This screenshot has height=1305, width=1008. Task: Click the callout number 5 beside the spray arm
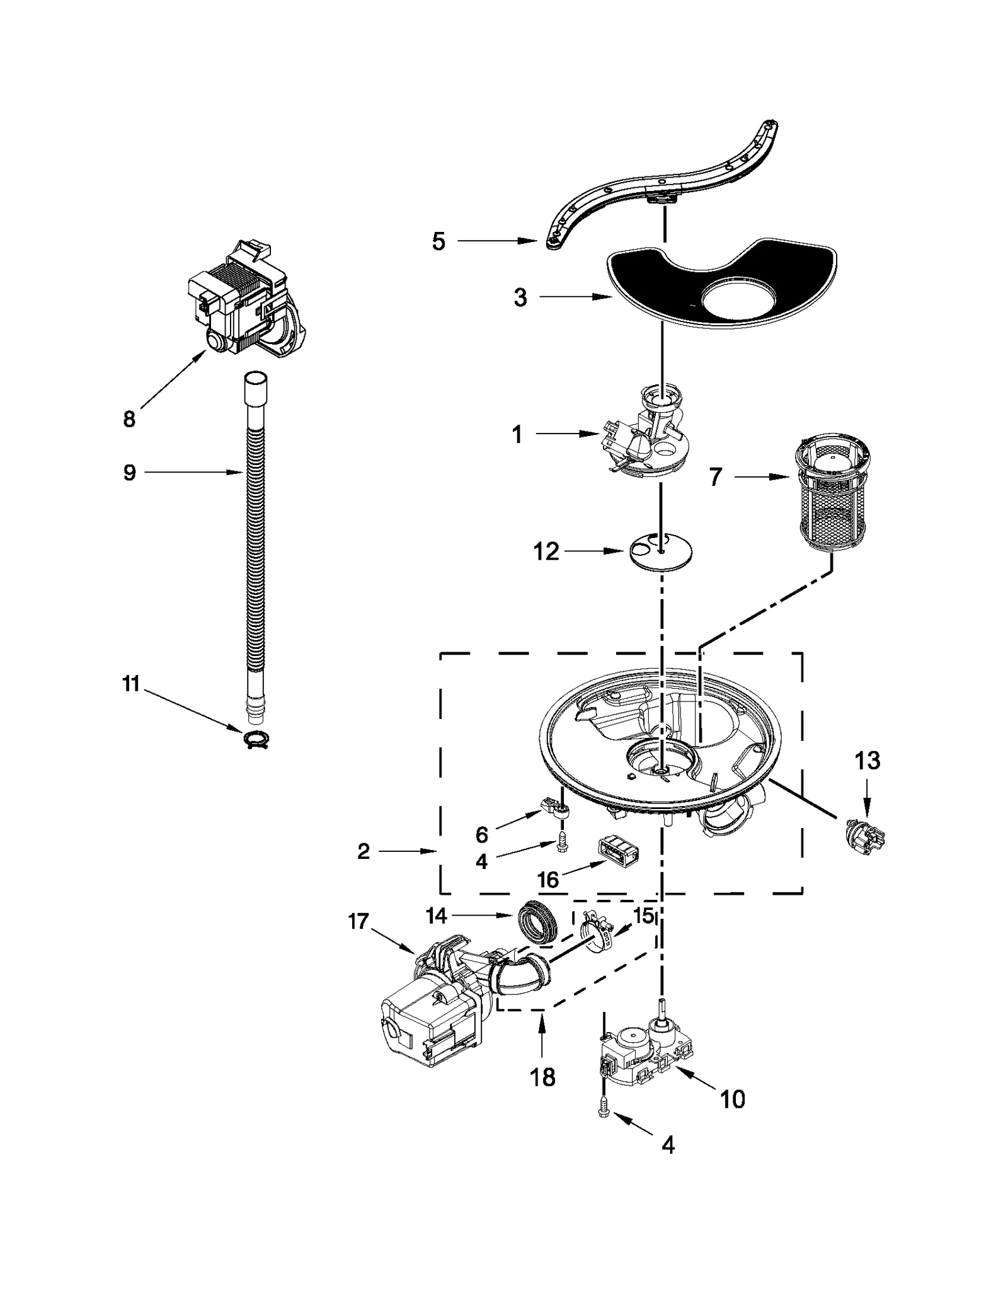438,241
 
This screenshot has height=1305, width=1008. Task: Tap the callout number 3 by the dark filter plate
520,298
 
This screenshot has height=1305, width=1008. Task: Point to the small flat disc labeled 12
660,553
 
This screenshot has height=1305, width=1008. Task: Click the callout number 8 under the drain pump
129,419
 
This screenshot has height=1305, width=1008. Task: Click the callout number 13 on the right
867,761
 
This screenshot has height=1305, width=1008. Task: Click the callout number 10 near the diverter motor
732,1099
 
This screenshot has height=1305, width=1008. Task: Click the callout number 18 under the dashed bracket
542,1078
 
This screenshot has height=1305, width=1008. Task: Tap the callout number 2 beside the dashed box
364,852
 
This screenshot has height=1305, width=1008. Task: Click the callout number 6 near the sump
481,835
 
